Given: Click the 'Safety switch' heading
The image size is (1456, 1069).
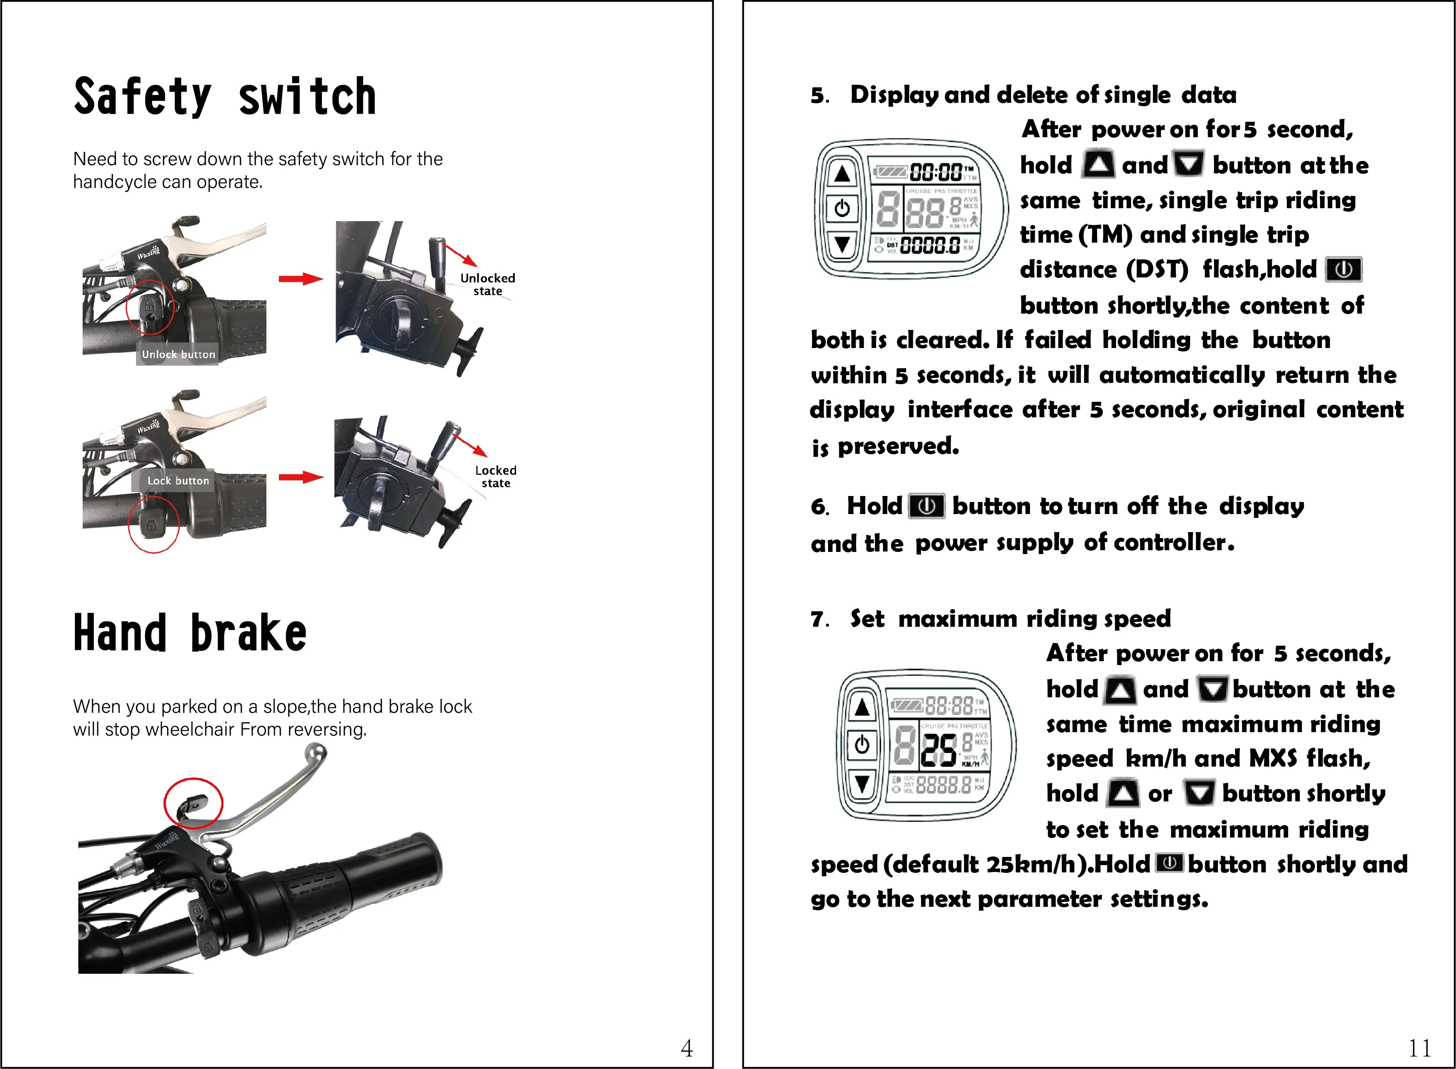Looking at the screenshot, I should click(225, 97).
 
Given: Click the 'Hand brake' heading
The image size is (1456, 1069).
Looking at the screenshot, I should click(190, 634).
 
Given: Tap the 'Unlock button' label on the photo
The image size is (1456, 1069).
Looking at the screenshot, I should click(178, 354).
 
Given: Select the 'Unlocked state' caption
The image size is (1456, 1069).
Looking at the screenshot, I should click(488, 284).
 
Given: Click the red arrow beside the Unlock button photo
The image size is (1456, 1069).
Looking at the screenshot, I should click(300, 279).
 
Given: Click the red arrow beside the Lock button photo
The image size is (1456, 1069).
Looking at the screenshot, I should click(300, 478).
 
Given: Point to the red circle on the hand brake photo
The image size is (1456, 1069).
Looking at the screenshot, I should click(193, 803).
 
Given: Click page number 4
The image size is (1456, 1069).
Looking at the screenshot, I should click(687, 1047).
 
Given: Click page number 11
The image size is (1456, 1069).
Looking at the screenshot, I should click(1420, 1047).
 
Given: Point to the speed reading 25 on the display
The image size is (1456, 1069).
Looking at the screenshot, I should click(939, 751).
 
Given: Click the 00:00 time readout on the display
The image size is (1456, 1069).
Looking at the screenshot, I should click(936, 172).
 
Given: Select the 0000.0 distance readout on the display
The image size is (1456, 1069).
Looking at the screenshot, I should click(930, 245).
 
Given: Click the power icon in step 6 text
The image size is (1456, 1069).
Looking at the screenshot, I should click(927, 506).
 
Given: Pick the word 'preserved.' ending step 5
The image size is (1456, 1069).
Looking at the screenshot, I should click(898, 446).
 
